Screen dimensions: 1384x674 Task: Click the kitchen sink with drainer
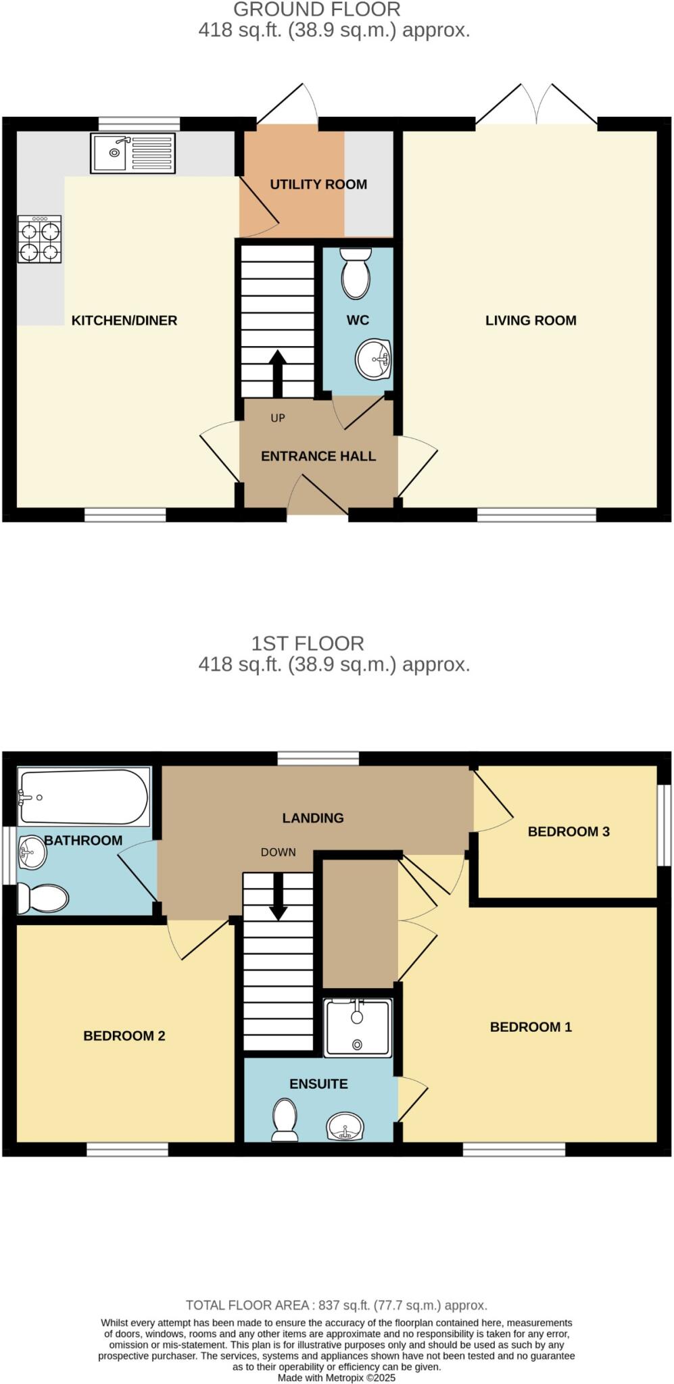[x=133, y=153]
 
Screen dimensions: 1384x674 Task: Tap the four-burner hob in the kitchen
[x=40, y=239]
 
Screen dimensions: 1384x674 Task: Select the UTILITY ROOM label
[x=318, y=184]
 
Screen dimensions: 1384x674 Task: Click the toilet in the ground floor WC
[x=356, y=274]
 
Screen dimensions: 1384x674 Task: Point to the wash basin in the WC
[x=373, y=360]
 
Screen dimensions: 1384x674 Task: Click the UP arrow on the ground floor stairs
[x=277, y=373]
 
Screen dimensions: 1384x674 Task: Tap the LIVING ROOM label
[x=531, y=320]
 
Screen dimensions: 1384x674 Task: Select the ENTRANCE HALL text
[x=318, y=456]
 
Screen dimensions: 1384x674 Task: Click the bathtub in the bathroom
[x=83, y=797]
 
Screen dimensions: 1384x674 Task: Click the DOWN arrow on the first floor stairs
[x=278, y=897]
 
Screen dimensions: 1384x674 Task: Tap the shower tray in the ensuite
[x=358, y=1028]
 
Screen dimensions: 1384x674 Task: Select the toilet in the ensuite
[x=285, y=1119]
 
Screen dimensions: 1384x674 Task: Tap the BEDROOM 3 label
[x=569, y=832]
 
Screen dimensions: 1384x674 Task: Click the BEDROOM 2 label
[x=124, y=1036]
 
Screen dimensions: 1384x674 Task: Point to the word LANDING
[x=313, y=818]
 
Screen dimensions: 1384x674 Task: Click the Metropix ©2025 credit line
[x=337, y=1377]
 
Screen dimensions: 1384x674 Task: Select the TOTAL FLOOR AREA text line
[x=337, y=1306]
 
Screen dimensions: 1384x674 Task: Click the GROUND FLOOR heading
[x=317, y=9]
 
